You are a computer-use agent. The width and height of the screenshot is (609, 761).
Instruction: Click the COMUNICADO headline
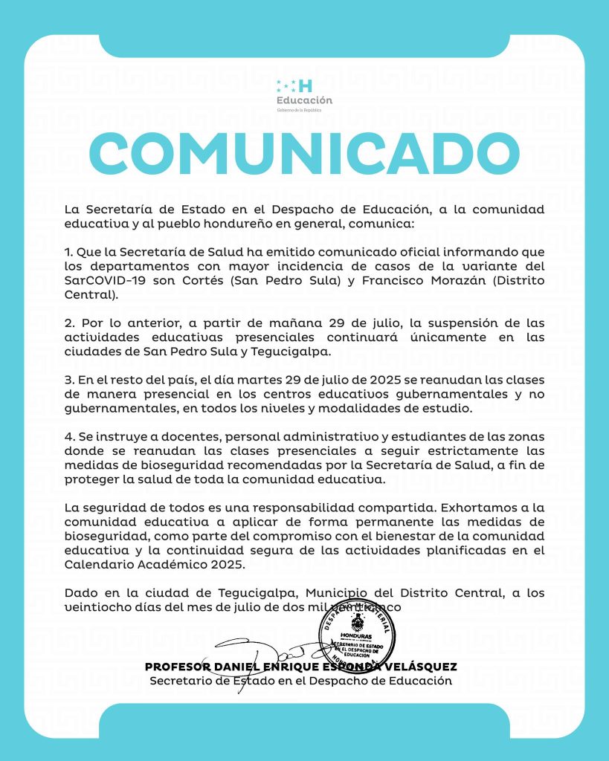(x=304, y=152)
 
